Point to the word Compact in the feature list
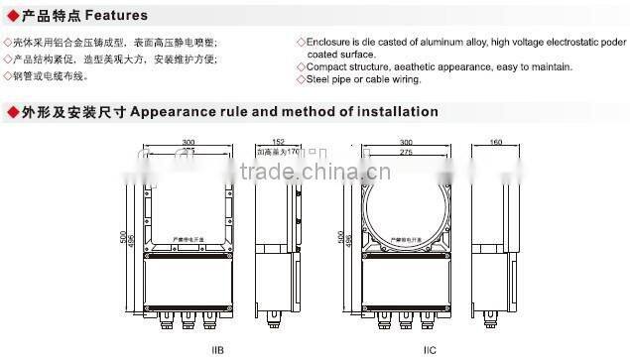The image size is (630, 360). coord(324,66)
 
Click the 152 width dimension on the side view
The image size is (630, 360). coord(279,143)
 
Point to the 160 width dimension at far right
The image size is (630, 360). coord(495,143)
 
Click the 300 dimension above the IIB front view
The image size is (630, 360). coord(189,143)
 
